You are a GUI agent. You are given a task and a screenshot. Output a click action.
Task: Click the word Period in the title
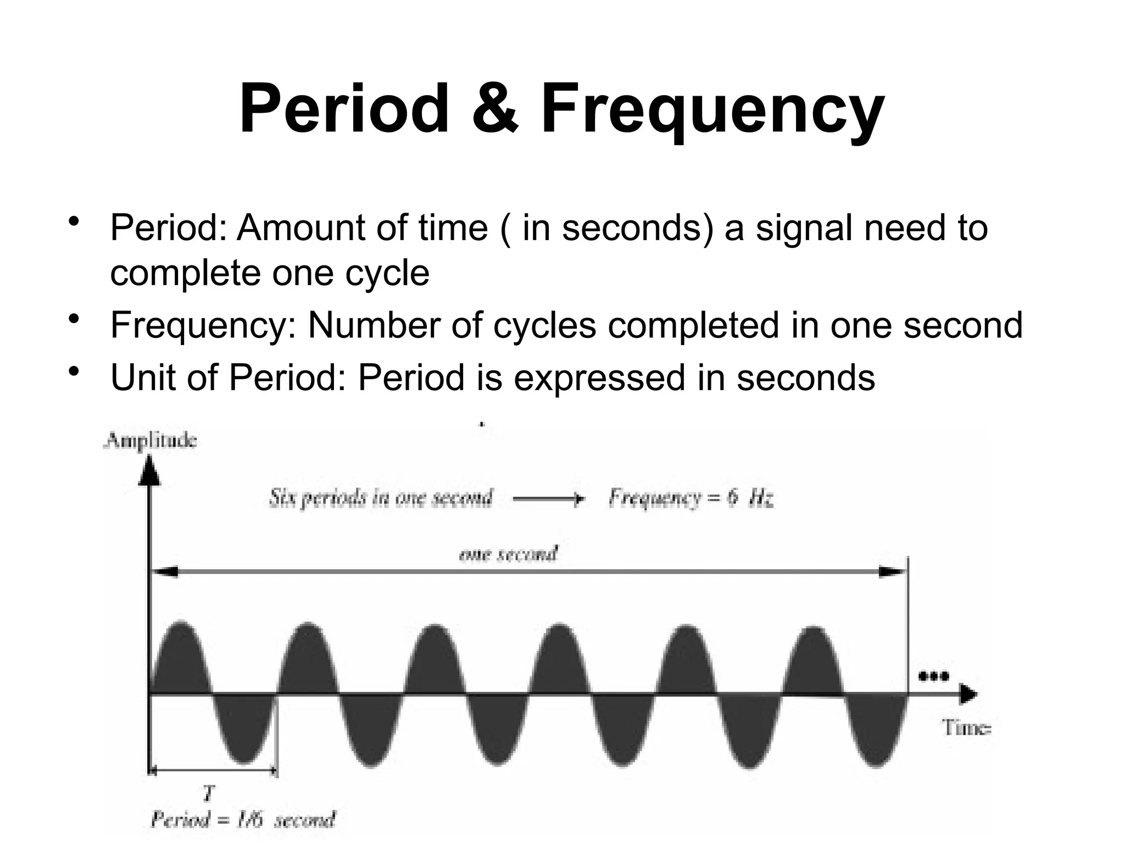click(x=344, y=108)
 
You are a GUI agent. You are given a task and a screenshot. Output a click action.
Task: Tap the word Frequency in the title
click(x=712, y=108)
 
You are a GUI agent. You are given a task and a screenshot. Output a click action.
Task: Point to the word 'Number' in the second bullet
click(x=374, y=325)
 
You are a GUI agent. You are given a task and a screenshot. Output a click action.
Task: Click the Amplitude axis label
click(x=150, y=441)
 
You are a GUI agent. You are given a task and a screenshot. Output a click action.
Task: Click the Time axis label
click(x=967, y=728)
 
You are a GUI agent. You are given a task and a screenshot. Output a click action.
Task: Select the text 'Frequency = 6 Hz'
click(x=691, y=498)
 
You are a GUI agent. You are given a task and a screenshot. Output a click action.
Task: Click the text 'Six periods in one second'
click(x=380, y=498)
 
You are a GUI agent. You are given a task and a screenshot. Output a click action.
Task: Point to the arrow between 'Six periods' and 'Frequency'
click(x=548, y=499)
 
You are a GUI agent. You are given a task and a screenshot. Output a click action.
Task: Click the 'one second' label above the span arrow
click(x=508, y=554)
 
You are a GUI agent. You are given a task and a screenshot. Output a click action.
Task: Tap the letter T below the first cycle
click(x=208, y=793)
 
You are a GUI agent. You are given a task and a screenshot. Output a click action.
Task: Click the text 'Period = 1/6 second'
click(x=242, y=820)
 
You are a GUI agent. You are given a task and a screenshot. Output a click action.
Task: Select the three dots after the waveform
click(x=934, y=676)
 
